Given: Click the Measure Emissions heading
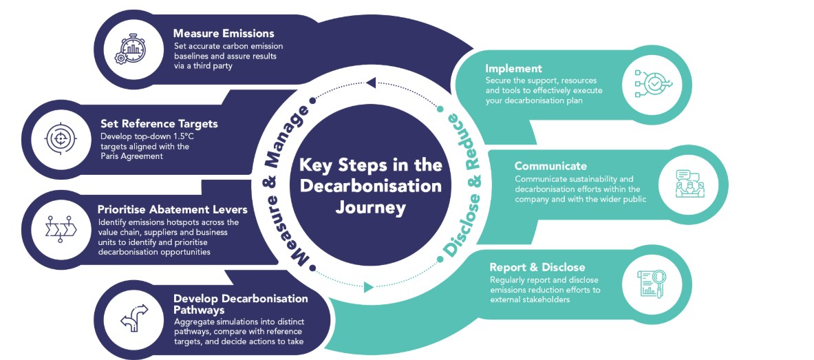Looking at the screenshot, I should pos(224,33).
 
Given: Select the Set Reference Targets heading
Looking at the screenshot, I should pos(159,124).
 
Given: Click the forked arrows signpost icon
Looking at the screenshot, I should pos(134,318).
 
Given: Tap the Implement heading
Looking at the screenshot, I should pos(513,69).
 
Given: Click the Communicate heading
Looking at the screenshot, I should pos(550,166).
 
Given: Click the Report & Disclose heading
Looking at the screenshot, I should pos(537,267).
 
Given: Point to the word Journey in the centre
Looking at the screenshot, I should pos(371,207).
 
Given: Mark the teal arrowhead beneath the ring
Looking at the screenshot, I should pos(368,287).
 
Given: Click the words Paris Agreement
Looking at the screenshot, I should pos(130,156).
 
